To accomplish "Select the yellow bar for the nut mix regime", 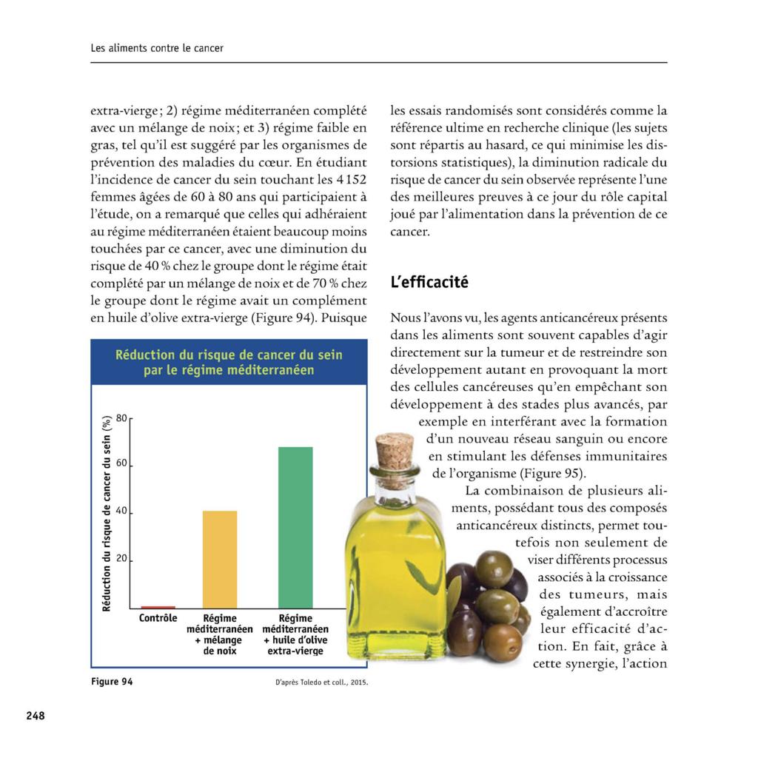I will (220, 559).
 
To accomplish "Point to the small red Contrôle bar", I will (158, 607).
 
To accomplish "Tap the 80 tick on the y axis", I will (122, 417).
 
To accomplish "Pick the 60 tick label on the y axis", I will (122, 464).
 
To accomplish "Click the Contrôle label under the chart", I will (158, 619).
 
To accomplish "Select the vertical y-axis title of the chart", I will (107, 513).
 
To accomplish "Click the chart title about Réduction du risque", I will (229, 363).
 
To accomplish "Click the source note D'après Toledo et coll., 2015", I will (316, 682).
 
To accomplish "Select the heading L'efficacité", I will (429, 283).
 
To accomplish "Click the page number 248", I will (36, 716).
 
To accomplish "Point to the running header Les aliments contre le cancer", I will (157, 48).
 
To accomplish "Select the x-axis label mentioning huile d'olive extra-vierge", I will (295, 634).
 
